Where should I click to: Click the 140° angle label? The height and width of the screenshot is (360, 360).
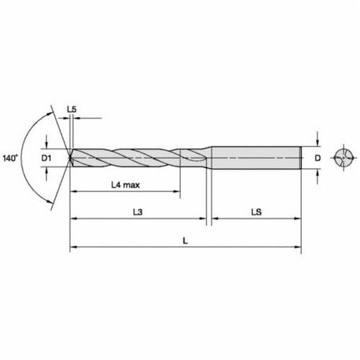pos(10,158)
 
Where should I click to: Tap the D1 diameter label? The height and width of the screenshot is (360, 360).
pos(46,158)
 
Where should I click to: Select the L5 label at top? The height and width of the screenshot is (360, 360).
pos(72,109)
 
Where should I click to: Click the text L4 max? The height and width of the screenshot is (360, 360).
pos(126,185)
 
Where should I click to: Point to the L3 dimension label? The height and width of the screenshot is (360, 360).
pos(138,211)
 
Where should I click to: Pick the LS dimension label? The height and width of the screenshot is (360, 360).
pos(256,211)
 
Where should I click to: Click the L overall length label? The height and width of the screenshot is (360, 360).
pos(186,241)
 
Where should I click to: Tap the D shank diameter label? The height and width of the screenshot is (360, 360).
pos(318,158)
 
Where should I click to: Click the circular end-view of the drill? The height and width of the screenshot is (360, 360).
pos(343,158)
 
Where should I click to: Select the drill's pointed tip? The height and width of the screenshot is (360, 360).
pos(70,158)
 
